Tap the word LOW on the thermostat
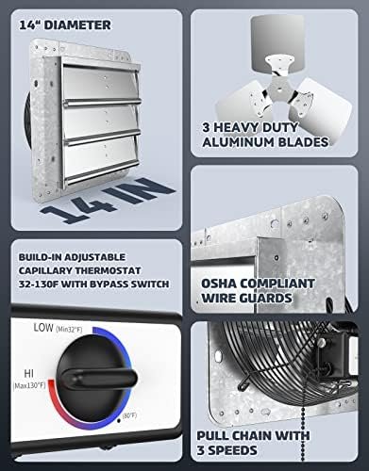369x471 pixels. tap(43, 328)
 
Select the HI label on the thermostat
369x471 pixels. tap(29, 374)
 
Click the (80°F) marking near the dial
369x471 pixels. tap(129, 415)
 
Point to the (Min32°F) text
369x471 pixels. tap(69, 330)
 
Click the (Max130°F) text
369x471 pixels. tap(29, 385)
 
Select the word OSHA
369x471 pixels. tap(219, 284)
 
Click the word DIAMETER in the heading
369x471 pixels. tap(77, 25)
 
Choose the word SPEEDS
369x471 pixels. tap(233, 450)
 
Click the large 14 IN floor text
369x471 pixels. tap(107, 200)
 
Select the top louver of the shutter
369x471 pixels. tap(101, 84)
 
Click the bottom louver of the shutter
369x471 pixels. tap(102, 160)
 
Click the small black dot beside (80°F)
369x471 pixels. tap(119, 420)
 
